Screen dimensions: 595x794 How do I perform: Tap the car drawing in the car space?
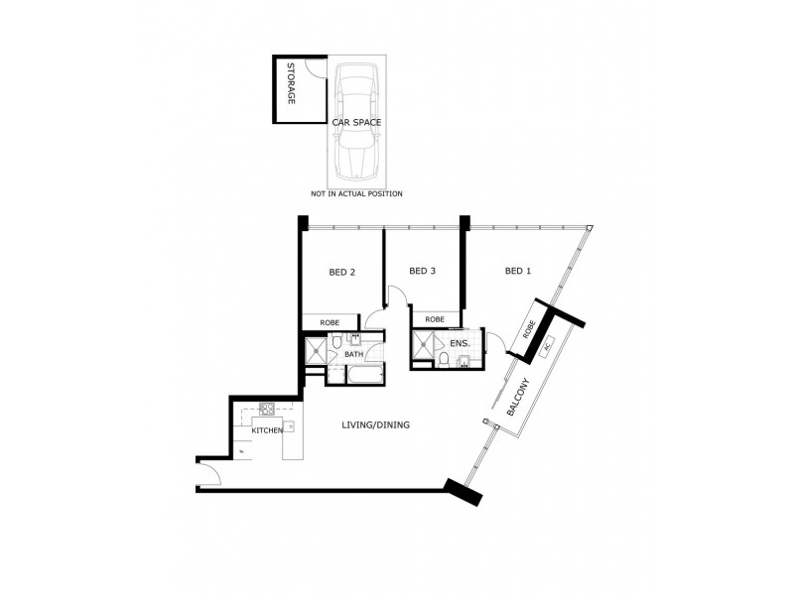(356, 119)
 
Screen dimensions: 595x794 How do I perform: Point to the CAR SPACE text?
(356, 123)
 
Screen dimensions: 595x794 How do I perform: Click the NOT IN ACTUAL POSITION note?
(356, 193)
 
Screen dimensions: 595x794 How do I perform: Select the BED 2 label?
(341, 272)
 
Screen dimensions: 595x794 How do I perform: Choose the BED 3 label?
(423, 271)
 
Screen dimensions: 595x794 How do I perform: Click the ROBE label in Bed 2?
(330, 322)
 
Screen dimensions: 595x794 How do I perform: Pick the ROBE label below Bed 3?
(435, 319)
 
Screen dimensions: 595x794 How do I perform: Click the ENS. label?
(460, 343)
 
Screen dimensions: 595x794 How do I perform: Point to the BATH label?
(353, 353)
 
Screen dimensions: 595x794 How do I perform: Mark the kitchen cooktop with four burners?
(267, 408)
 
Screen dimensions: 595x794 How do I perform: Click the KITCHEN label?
(267, 430)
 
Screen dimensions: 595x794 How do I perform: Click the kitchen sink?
(290, 426)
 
